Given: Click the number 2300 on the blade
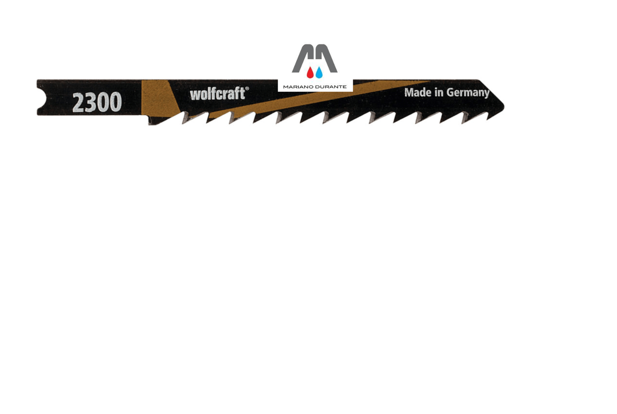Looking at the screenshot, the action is [97, 102].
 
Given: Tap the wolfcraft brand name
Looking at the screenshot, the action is [217, 94].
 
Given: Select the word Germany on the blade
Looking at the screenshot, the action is [468, 93].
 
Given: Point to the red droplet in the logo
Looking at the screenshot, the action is [310, 72].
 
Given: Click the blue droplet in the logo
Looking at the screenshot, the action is [319, 72].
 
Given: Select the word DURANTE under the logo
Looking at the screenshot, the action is [331, 87].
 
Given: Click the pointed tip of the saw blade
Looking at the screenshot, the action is [504, 106].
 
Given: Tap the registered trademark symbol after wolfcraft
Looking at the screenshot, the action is [247, 89].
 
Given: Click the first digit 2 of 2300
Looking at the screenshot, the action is [78, 102].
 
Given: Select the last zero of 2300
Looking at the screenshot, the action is [116, 102].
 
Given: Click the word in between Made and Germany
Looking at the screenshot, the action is [439, 92].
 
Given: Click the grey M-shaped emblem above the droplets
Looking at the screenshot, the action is [315, 58].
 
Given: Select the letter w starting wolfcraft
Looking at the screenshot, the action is [195, 95].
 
